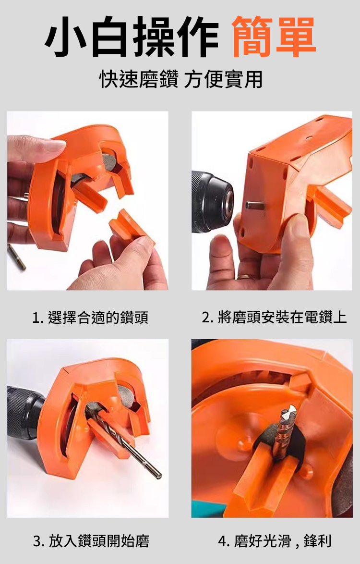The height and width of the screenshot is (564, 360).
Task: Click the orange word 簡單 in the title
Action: (274, 37)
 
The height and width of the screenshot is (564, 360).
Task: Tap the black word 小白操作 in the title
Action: (132, 37)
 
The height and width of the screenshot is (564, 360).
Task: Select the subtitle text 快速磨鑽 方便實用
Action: (180, 79)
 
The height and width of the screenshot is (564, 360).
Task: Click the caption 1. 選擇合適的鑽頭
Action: (90, 318)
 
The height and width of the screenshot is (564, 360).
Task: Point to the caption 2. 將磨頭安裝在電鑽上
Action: (274, 317)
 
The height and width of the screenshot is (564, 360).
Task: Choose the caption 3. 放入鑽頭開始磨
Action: (91, 541)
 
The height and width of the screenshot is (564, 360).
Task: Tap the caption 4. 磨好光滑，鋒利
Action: (275, 541)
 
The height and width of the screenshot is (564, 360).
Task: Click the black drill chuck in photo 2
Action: (212, 202)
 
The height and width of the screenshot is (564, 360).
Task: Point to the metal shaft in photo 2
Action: (255, 206)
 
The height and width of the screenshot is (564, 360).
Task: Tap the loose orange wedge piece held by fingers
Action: (131, 227)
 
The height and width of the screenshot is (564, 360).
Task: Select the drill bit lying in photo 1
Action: (16, 257)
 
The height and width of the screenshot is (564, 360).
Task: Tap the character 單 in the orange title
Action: (296, 37)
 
